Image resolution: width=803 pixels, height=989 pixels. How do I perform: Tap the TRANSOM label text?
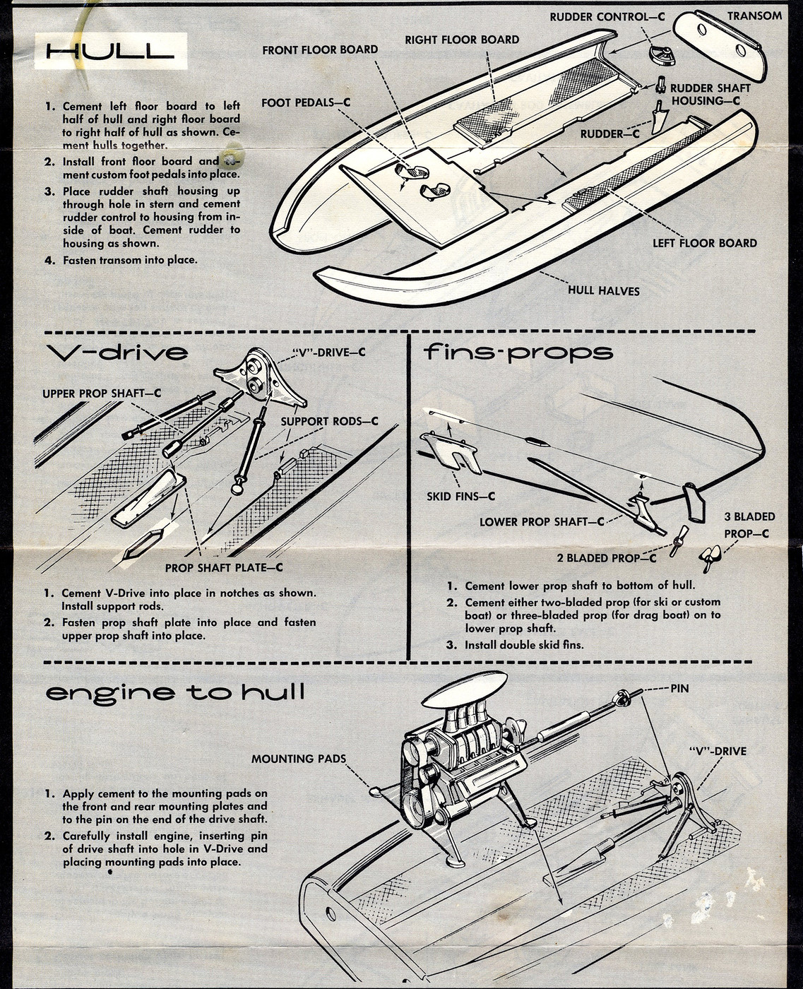tap(754, 16)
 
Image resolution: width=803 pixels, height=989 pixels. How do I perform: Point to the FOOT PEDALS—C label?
tap(306, 102)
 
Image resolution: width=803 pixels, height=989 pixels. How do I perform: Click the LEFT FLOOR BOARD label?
tap(704, 243)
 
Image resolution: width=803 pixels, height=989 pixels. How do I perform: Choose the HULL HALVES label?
tap(603, 290)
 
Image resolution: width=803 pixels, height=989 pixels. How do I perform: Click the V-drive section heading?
tap(117, 352)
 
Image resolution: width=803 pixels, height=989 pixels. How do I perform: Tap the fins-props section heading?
tap(518, 352)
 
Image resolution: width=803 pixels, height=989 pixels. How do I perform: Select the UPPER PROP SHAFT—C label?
tap(101, 393)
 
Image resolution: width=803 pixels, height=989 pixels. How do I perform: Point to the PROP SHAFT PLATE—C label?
tap(224, 567)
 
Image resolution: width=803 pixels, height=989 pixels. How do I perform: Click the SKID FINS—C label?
tap(460, 497)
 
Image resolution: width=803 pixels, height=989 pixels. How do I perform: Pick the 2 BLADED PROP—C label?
tap(606, 558)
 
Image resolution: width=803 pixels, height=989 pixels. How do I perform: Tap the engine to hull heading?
tap(175, 692)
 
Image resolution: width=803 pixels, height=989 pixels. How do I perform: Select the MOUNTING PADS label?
tap(299, 759)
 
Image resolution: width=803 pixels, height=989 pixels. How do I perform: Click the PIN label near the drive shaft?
tap(679, 687)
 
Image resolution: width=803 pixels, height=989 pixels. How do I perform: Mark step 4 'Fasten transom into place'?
tap(129, 260)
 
